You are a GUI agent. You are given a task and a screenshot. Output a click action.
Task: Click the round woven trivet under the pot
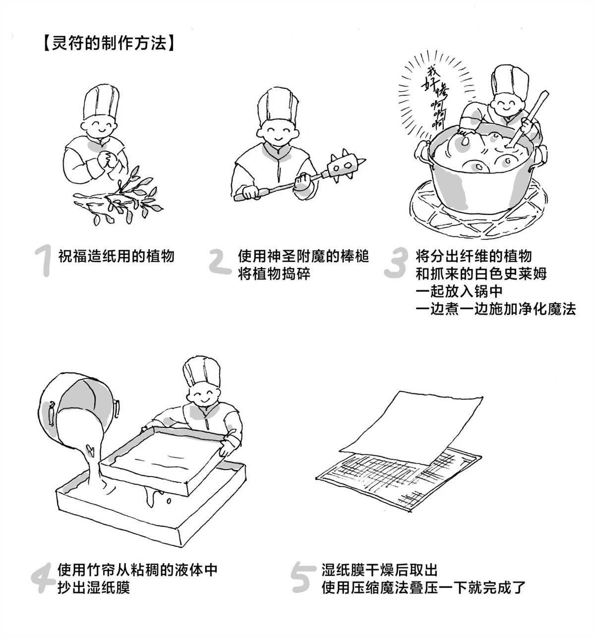tap(476, 213)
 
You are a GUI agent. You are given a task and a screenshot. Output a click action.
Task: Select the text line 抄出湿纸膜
tap(94, 588)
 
